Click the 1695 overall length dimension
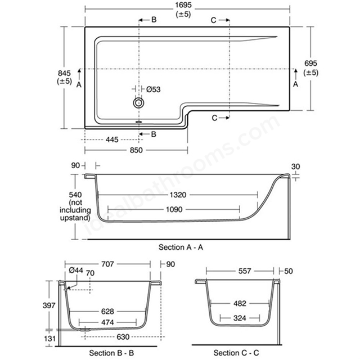(x=183, y=5)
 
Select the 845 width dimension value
(x=64, y=73)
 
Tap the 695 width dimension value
(x=310, y=63)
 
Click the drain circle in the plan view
(x=138, y=103)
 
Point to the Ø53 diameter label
(x=154, y=89)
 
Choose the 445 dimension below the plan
(x=112, y=139)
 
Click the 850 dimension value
(x=136, y=150)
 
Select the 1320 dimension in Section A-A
(x=178, y=195)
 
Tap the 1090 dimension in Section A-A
(x=174, y=209)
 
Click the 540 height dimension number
(x=75, y=195)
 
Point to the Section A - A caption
(x=181, y=247)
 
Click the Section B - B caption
(x=111, y=353)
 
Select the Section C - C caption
(x=236, y=353)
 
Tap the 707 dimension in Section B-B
(x=107, y=264)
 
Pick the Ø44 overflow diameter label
(x=76, y=270)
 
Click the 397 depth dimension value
(x=49, y=305)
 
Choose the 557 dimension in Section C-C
(x=245, y=271)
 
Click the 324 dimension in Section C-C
(x=240, y=318)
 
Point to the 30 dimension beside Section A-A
(x=295, y=166)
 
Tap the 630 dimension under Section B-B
(x=123, y=337)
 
